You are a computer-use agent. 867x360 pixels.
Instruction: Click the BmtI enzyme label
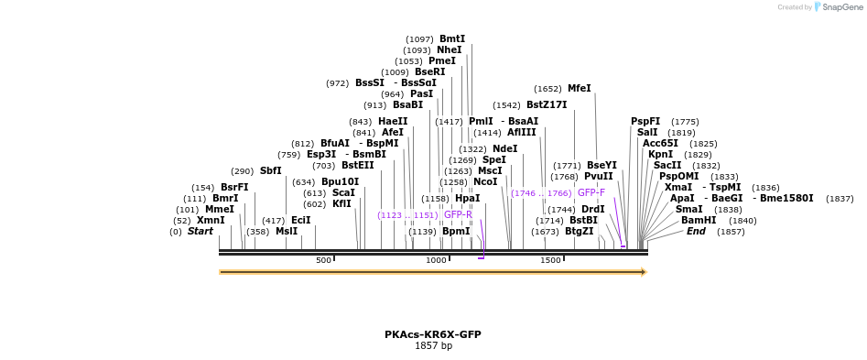[452, 39]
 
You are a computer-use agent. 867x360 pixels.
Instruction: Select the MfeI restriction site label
[580, 89]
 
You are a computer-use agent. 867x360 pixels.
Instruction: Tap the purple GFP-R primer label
[458, 215]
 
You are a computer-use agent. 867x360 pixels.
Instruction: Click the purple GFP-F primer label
[591, 193]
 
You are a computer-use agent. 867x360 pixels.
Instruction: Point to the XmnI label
[211, 221]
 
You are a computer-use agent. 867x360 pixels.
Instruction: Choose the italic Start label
[200, 232]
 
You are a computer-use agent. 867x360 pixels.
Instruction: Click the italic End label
[697, 232]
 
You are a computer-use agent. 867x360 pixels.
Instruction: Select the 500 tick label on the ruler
[323, 261]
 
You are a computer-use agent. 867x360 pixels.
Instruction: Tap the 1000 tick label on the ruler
[436, 261]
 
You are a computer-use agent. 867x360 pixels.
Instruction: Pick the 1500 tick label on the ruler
[550, 261]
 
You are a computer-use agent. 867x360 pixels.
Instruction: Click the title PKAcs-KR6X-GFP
[433, 334]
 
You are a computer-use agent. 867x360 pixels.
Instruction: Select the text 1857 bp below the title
[433, 346]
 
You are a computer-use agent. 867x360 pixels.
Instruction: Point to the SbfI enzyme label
[270, 171]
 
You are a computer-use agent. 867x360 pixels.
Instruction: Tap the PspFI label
[645, 122]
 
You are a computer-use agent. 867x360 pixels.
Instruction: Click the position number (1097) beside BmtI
[419, 39]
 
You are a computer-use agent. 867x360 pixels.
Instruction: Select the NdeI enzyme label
[504, 149]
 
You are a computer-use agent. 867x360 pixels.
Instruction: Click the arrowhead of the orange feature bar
[644, 272]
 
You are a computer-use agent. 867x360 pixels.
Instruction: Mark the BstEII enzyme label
[357, 166]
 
